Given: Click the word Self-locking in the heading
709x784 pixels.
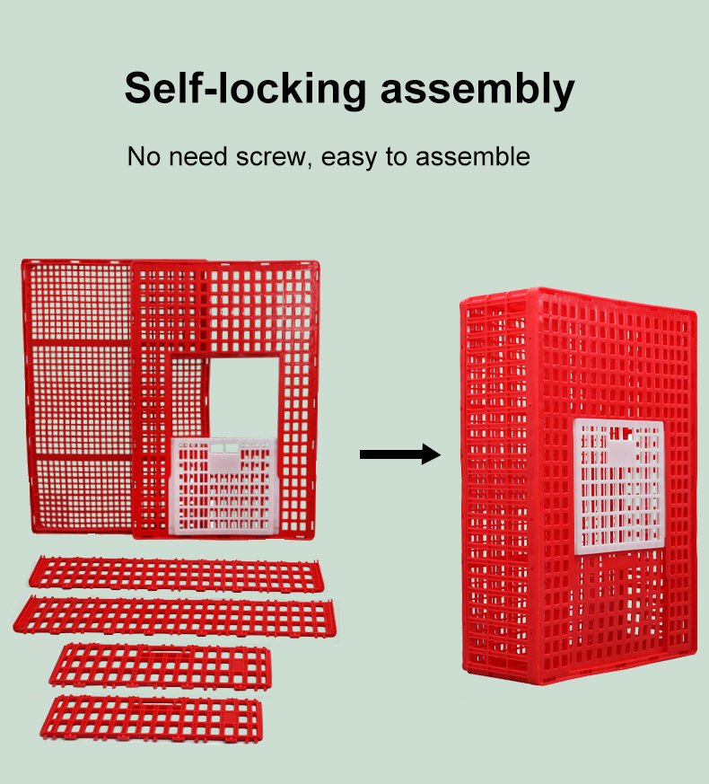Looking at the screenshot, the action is click(245, 90).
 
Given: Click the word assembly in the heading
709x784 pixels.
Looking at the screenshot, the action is click(477, 90).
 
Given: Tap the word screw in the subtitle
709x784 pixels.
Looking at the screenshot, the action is click(271, 157).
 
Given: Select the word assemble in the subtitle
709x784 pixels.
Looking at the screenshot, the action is click(473, 156).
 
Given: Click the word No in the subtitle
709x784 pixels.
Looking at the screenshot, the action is click(144, 156).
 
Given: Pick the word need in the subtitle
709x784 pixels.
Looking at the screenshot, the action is click(198, 156).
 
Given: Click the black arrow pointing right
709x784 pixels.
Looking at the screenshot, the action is click(400, 454).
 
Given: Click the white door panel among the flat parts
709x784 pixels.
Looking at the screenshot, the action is click(223, 486).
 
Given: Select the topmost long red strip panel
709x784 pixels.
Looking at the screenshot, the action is click(174, 575).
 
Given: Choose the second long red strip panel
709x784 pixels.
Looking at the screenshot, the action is click(174, 616).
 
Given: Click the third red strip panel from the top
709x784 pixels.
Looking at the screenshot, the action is click(161, 666).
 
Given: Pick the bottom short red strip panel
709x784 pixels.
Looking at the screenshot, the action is click(152, 718).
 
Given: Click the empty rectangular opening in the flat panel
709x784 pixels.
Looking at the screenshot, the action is click(244, 398).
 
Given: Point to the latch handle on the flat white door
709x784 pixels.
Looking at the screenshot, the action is click(224, 456).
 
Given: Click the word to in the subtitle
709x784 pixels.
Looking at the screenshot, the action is click(396, 156).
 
